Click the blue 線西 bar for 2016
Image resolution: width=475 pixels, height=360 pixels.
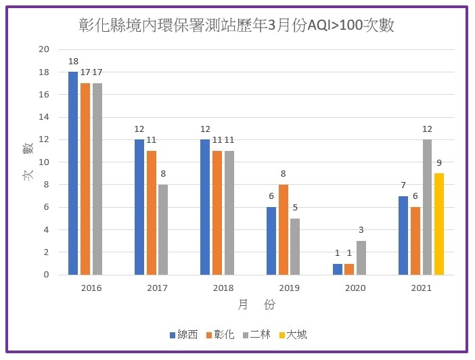click(x=73, y=173)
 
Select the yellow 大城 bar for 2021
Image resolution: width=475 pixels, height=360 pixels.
click(x=439, y=224)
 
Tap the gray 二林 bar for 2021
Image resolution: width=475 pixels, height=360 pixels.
click(x=427, y=207)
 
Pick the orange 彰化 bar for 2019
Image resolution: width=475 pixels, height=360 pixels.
click(x=284, y=229)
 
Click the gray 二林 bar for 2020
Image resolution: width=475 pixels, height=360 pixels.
click(x=361, y=258)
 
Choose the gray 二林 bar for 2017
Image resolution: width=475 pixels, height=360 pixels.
click(x=163, y=229)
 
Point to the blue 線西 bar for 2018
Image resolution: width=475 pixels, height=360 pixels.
click(x=205, y=207)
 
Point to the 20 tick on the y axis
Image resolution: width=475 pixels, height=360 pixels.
click(x=44, y=49)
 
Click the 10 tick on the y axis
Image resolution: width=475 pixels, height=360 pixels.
click(x=44, y=162)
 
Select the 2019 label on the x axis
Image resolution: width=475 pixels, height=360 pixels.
click(x=289, y=288)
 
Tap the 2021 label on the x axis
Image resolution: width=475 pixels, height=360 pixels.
click(x=421, y=288)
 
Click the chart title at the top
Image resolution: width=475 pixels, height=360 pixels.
click(x=237, y=26)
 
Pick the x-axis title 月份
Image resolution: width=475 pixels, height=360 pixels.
click(x=256, y=305)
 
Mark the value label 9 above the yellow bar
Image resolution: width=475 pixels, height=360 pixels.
click(x=439, y=162)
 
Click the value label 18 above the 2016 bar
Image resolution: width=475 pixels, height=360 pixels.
click(x=73, y=61)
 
